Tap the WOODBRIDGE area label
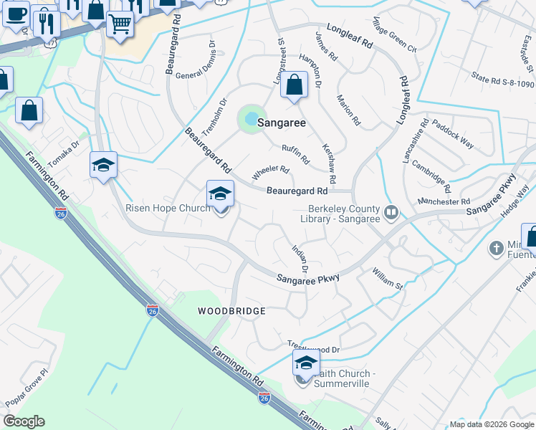[x=232, y=311]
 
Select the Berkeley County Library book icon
[x=391, y=211]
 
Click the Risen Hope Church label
[x=168, y=209]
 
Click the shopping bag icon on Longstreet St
[x=294, y=85]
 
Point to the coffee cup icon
[x=15, y=13]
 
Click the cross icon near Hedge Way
[x=496, y=249]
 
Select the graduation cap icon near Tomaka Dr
[x=103, y=166]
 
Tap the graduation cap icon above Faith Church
[x=306, y=362]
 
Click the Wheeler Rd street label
[x=270, y=173]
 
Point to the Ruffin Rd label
[x=295, y=153]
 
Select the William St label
[x=388, y=279]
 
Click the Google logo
[x=24, y=421]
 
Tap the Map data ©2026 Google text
[x=491, y=424]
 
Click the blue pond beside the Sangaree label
[x=251, y=118]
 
